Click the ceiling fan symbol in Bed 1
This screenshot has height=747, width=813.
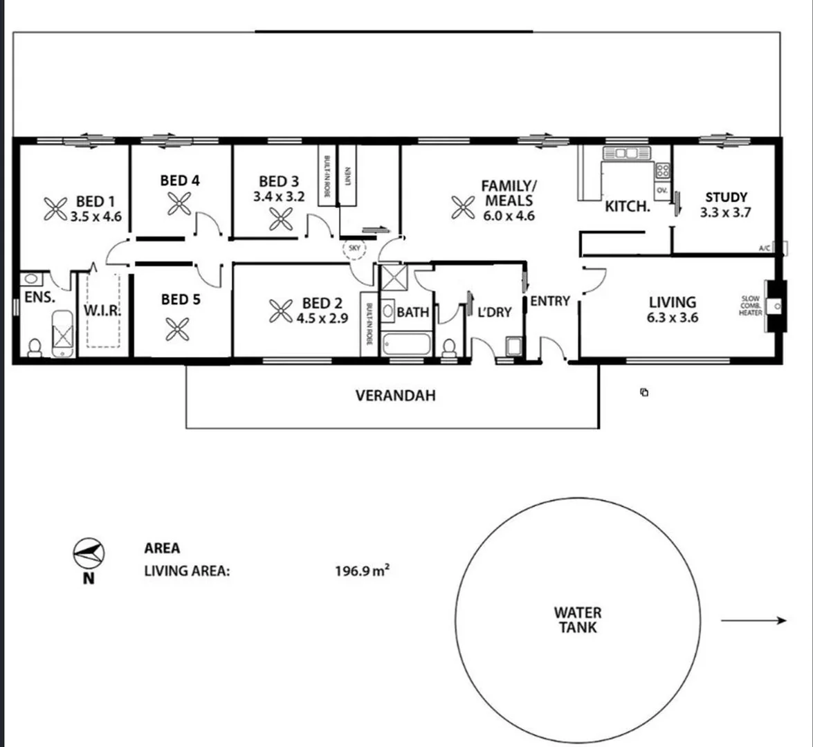pyautogui.click(x=55, y=208)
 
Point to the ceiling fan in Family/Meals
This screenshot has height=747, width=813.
pyautogui.click(x=462, y=206)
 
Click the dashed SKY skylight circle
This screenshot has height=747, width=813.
pyautogui.click(x=355, y=247)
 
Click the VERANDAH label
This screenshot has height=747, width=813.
pyautogui.click(x=396, y=396)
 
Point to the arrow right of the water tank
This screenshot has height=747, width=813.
pyautogui.click(x=753, y=620)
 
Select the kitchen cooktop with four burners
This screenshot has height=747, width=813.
pyautogui.click(x=662, y=169)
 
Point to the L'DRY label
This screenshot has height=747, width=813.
pyautogui.click(x=495, y=313)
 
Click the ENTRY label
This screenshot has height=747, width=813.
pyautogui.click(x=550, y=301)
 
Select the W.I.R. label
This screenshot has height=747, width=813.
pyautogui.click(x=102, y=311)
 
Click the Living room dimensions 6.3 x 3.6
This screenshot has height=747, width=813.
pyautogui.click(x=672, y=318)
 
